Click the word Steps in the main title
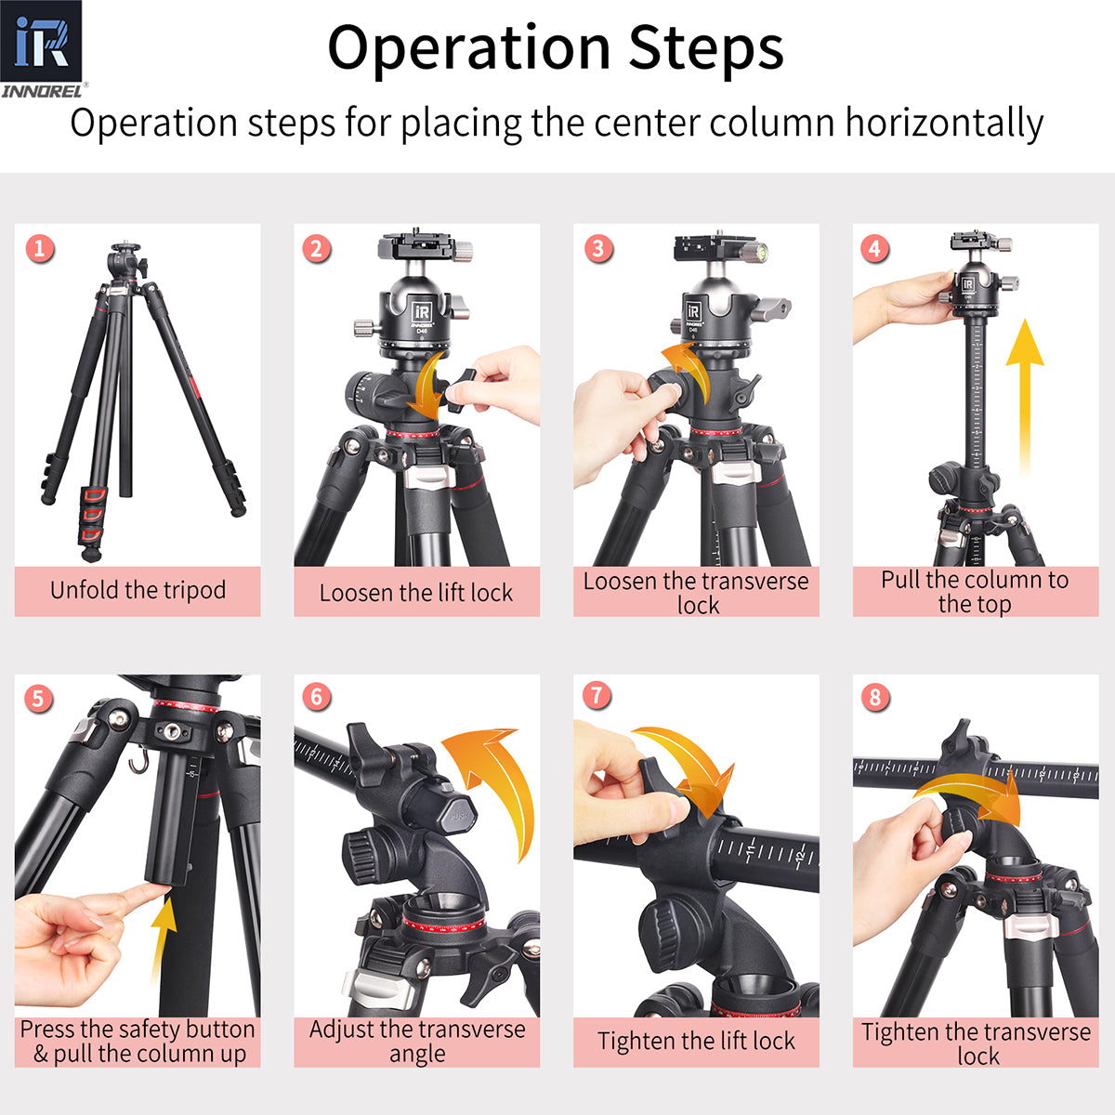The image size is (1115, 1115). pyautogui.click(x=705, y=48)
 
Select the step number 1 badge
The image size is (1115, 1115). pyautogui.click(x=39, y=248)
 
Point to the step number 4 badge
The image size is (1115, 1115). pyautogui.click(x=874, y=248)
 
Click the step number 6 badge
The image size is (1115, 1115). pyautogui.click(x=317, y=697)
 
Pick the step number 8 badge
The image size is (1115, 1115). pyautogui.click(x=875, y=697)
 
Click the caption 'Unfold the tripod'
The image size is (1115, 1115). pyautogui.click(x=138, y=590)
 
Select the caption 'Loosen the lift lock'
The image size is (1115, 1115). pyautogui.click(x=416, y=593)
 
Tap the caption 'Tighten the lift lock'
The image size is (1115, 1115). pyautogui.click(x=696, y=1042)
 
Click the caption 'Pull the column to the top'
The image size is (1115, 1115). pyautogui.click(x=975, y=592)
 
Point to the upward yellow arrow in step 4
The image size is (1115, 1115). pyautogui.click(x=1024, y=390)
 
